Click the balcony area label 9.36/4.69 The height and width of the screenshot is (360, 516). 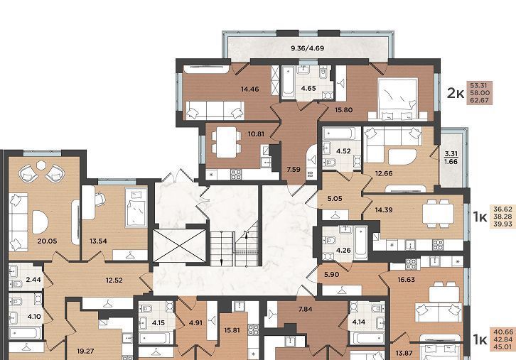tap(307, 48)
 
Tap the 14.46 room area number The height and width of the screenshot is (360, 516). tap(249, 89)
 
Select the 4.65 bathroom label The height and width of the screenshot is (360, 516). tap(308, 88)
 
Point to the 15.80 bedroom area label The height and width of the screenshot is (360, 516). tap(343, 110)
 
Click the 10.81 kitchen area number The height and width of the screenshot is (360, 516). tap(256, 134)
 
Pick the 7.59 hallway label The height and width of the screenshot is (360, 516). tap(294, 170)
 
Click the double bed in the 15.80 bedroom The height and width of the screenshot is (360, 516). tap(397, 99)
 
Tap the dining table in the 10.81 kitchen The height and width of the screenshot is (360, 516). tap(227, 142)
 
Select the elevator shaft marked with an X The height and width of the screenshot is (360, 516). tap(180, 246)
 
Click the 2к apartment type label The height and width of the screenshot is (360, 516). tap(456, 93)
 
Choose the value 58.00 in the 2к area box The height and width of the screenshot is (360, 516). tap(480, 93)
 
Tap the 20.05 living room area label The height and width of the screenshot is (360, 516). tap(47, 241)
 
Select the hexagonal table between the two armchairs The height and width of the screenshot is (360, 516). tap(41, 165)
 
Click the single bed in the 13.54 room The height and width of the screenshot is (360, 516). tap(136, 207)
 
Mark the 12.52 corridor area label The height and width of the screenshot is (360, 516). tap(114, 280)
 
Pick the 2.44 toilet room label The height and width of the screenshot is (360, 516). tap(33, 280)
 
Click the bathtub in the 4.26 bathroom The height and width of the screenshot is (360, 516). tap(360, 242)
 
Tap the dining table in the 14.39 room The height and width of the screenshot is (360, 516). tap(438, 214)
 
